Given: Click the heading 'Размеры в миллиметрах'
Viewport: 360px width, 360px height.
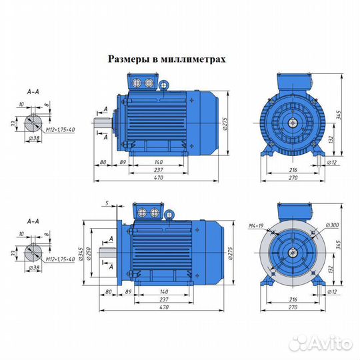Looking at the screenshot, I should [167, 59].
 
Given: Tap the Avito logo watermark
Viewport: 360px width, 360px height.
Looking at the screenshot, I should [325, 343].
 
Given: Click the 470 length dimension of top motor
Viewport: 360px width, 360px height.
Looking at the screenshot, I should [158, 178].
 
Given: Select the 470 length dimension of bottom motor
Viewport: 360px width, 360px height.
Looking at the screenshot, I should [158, 308].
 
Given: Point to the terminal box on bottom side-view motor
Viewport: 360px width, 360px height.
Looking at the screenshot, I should [149, 212].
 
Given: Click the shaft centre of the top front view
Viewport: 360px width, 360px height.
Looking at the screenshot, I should [293, 122].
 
